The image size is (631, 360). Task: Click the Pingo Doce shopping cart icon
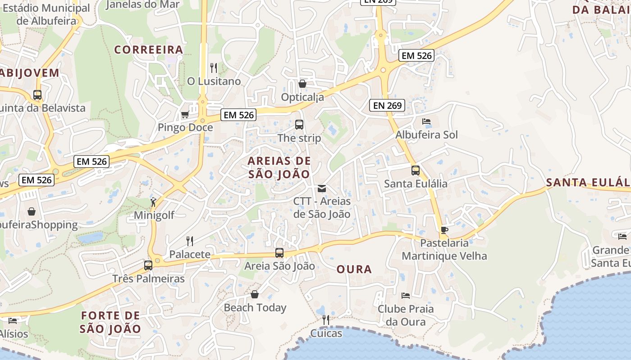coord(185,114)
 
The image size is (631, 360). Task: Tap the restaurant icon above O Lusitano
coord(214,68)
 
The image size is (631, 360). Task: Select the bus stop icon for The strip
coord(299,125)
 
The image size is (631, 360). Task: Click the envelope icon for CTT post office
coord(322,188)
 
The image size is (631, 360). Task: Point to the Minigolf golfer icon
coord(154,202)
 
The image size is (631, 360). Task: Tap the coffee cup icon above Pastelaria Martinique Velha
coord(444,230)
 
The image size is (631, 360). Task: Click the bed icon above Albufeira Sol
coord(426,121)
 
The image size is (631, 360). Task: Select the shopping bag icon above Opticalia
coord(302,84)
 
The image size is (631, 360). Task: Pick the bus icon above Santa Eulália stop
coord(416,171)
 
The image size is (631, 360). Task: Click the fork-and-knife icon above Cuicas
coord(326,320)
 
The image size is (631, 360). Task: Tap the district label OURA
coord(354,269)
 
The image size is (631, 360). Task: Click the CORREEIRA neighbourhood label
coord(149,49)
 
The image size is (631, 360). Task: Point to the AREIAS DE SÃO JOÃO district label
coord(279,167)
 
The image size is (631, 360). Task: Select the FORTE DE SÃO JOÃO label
coord(110,322)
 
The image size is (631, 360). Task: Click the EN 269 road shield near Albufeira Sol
coord(387,105)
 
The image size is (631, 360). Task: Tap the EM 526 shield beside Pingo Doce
coord(239,115)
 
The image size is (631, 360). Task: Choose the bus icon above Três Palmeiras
coord(148,265)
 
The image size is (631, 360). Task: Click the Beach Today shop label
coord(255,308)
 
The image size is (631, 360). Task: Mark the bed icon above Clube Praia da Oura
coord(406,296)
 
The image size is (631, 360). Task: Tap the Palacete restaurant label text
coord(190,254)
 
